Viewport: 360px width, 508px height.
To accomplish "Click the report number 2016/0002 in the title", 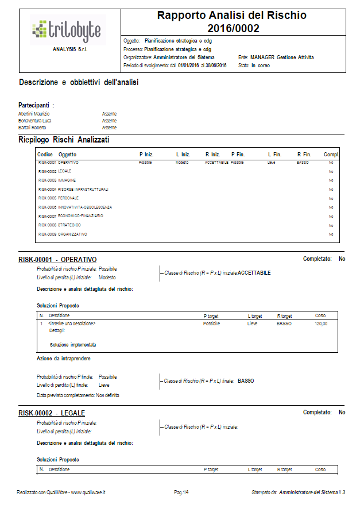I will [x=233, y=28].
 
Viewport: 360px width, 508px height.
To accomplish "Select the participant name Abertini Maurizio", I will [x=34, y=114].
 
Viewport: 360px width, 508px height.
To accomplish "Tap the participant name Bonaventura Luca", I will [x=35, y=121].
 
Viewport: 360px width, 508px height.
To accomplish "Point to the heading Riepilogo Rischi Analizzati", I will [x=64, y=140].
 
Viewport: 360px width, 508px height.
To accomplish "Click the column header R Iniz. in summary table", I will [x=212, y=155].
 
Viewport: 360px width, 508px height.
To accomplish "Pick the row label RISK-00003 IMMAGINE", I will [x=57, y=180].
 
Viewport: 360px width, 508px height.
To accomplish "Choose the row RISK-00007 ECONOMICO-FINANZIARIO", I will [x=71, y=216].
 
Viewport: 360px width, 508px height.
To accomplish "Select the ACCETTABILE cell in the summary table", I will [x=216, y=163].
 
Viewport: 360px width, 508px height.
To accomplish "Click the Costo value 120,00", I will [x=322, y=324].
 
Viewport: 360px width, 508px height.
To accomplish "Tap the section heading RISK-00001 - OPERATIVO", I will [x=57, y=260].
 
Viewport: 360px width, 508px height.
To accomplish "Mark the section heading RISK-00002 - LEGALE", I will [x=52, y=413].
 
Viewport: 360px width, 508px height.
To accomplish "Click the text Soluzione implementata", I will [x=73, y=345].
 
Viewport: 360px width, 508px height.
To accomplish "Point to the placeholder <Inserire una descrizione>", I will [x=72, y=324].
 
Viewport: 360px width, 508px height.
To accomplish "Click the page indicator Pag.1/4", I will [x=181, y=492].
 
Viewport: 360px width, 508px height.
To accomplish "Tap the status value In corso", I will [x=261, y=66].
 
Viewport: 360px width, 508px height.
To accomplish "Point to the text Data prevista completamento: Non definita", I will [x=78, y=395].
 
